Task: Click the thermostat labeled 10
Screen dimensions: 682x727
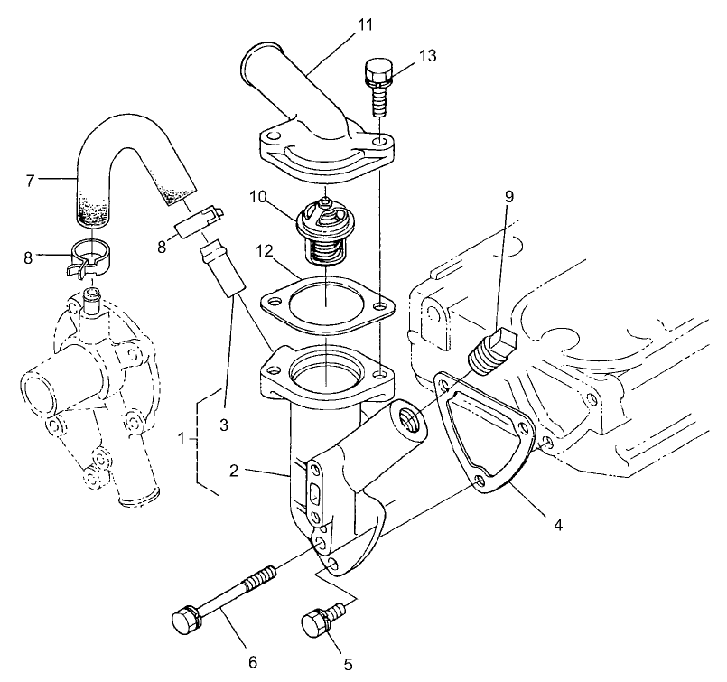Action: point(326,226)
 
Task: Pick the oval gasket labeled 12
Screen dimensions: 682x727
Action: point(327,305)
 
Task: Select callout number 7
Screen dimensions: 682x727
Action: point(30,181)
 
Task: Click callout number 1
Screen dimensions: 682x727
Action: point(183,440)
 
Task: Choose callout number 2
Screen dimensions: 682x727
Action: point(233,471)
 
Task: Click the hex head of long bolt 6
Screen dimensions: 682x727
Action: point(182,621)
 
